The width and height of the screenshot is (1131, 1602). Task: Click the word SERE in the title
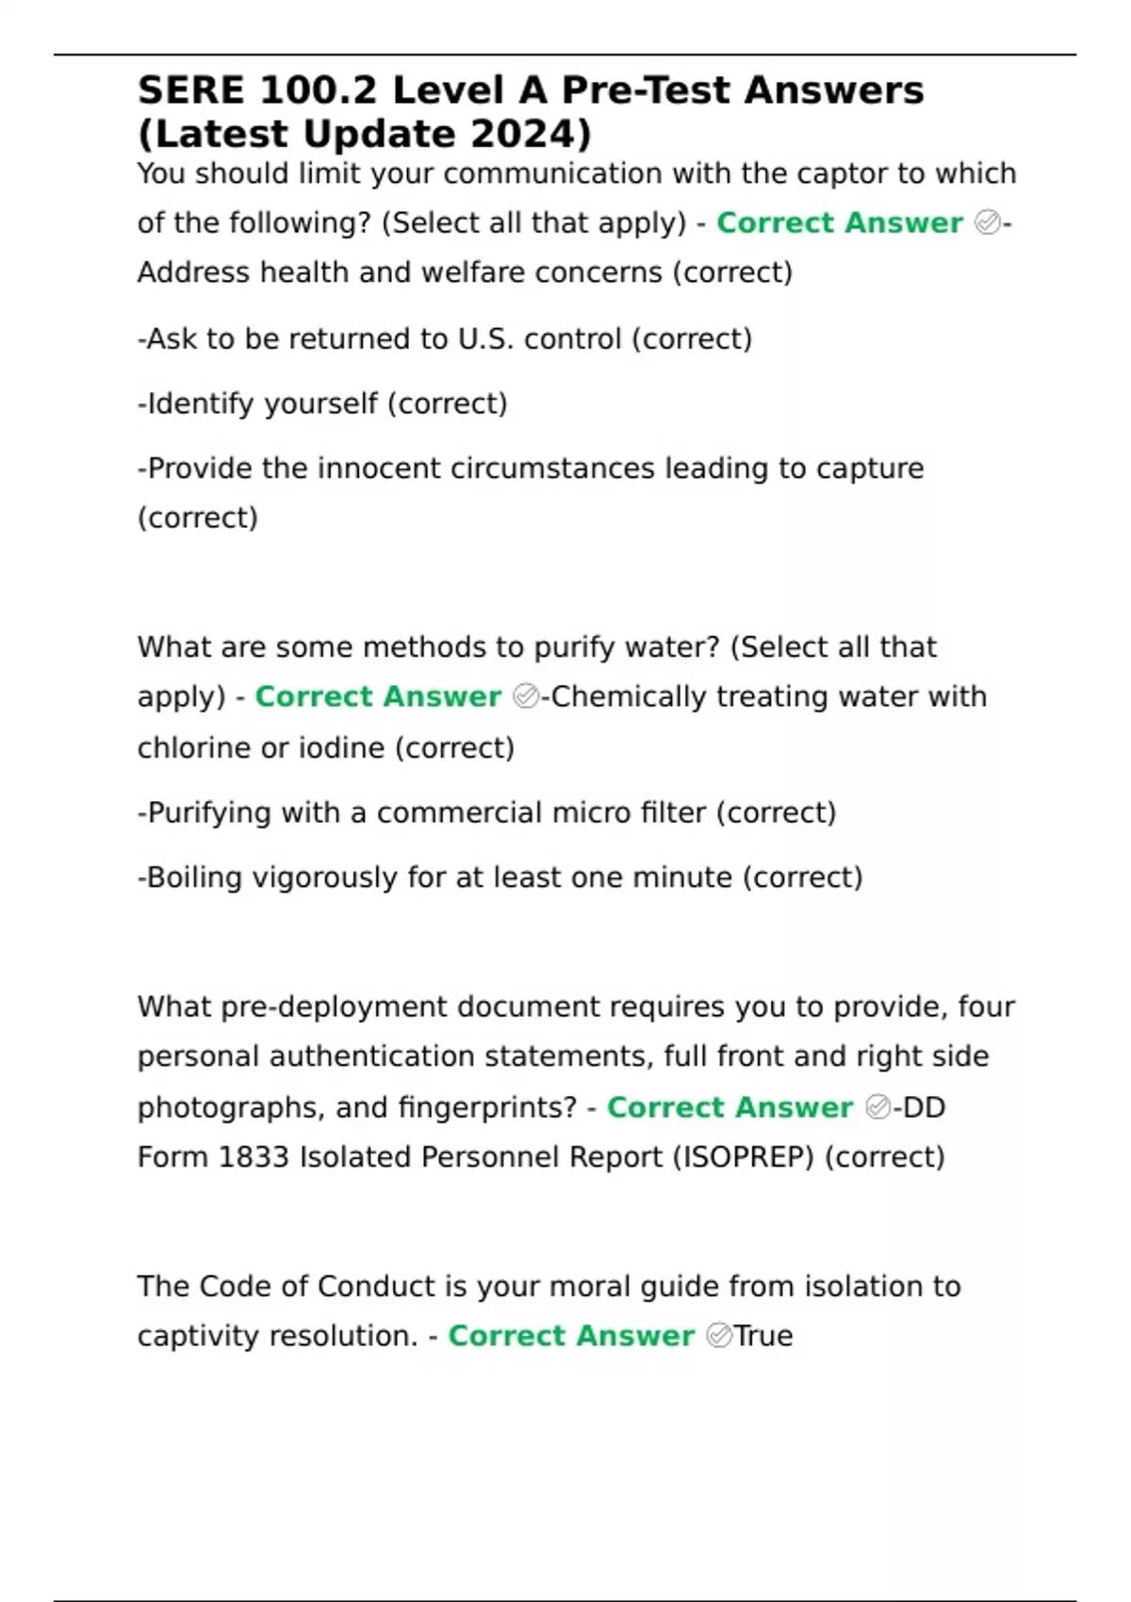[189, 90]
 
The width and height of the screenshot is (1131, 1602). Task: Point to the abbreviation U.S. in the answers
[486, 338]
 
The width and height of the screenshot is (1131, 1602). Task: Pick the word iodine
[342, 747]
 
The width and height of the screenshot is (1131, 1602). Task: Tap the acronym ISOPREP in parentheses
[743, 1156]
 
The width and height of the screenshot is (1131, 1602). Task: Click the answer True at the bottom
[763, 1335]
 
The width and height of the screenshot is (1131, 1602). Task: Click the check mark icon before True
[718, 1335]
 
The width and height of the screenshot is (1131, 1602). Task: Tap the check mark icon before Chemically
[526, 696]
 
